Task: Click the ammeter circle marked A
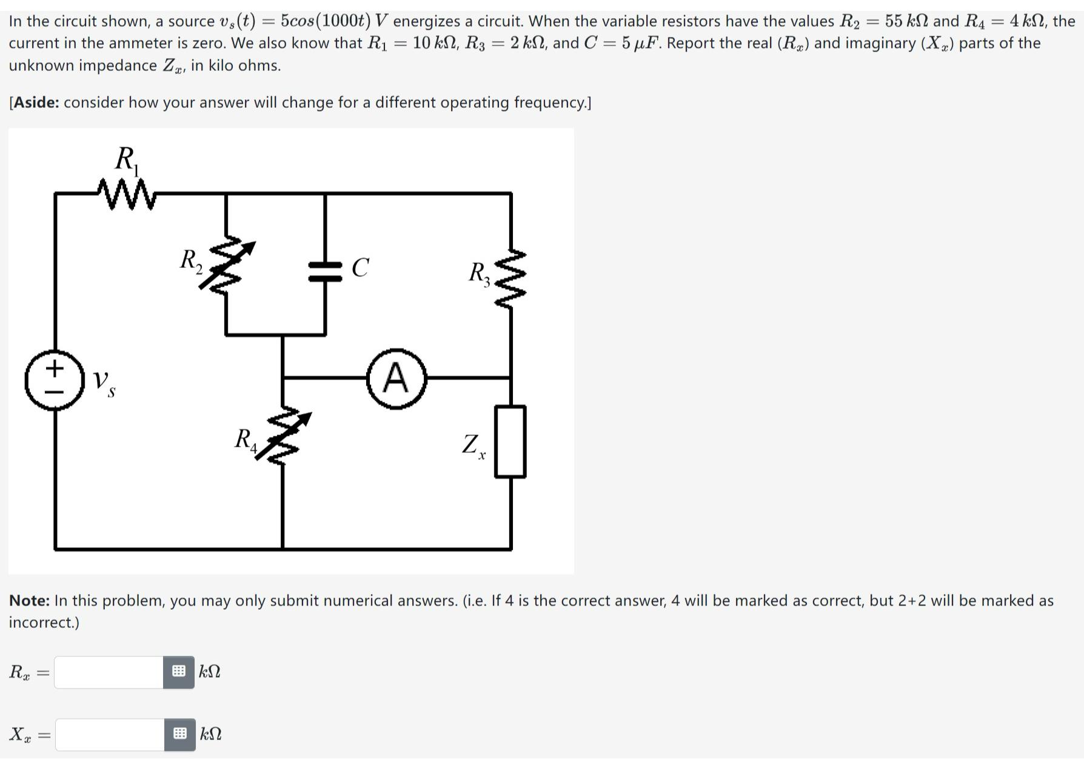396,378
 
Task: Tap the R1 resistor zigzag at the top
127,194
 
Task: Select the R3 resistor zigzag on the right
511,279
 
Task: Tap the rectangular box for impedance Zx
510,442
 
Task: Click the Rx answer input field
109,672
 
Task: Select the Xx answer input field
110,735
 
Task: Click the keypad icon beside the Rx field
179,672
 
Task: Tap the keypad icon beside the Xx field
180,735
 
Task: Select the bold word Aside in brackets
36,102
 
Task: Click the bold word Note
29,601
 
